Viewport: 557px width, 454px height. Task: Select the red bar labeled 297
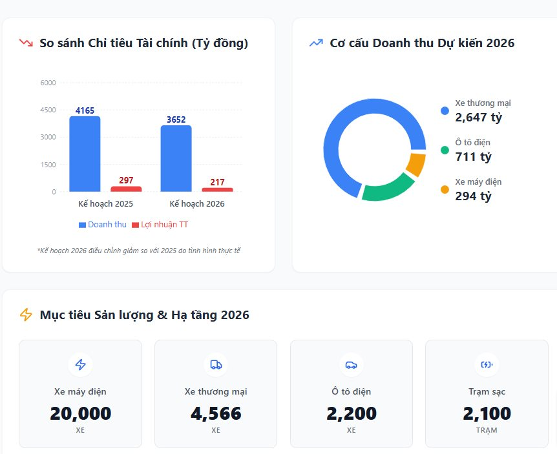126,189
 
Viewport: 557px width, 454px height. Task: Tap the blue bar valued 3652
176,158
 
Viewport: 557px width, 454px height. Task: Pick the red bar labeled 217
217,189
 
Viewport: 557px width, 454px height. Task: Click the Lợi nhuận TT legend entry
160,225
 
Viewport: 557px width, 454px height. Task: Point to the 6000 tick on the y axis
48,83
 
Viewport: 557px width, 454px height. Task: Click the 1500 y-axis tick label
48,165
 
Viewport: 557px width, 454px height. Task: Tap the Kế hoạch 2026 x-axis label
197,203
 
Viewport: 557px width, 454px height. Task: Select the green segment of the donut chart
388,188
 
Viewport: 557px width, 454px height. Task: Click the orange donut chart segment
416,164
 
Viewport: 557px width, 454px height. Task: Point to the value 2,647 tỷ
478,118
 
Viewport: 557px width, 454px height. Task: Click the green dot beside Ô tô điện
445,150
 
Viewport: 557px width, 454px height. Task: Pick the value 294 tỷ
473,196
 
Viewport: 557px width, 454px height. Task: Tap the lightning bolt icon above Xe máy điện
80,365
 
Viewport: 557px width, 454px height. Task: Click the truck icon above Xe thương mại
216,365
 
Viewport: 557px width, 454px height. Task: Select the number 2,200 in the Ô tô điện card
351,413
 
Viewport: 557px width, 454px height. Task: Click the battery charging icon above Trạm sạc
487,365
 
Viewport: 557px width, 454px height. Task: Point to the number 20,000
80,413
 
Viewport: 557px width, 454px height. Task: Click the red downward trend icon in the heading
26,43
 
